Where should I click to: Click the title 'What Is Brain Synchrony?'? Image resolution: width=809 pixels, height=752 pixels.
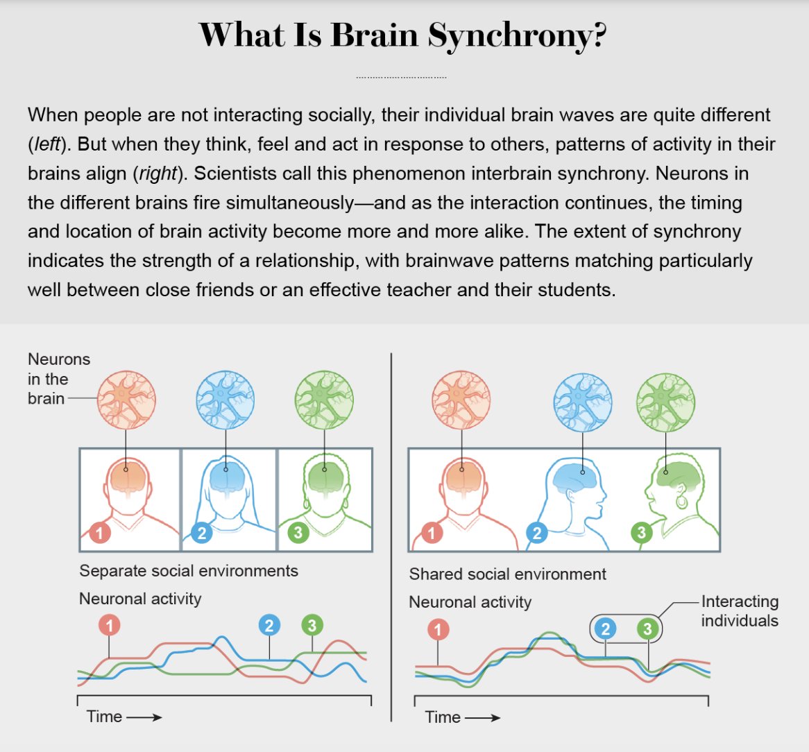[403, 35]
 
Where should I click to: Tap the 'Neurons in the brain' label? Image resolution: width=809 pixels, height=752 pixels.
[59, 379]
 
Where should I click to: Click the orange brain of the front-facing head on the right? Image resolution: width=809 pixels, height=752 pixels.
[461, 479]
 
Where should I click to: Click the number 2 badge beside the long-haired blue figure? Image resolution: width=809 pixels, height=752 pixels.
[201, 533]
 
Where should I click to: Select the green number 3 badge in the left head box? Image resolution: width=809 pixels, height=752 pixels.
[298, 533]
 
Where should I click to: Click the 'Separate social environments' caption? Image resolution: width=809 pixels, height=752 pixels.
[189, 571]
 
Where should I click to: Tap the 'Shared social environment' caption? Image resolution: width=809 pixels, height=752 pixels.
[507, 574]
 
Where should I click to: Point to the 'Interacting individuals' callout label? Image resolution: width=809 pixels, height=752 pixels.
[740, 611]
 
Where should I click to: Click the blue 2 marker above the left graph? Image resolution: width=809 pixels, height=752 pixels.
[269, 626]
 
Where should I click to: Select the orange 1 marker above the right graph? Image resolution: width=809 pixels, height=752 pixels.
[438, 630]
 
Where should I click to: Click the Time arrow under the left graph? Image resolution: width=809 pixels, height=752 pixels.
[144, 717]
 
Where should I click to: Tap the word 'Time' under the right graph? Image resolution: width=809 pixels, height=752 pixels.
[443, 717]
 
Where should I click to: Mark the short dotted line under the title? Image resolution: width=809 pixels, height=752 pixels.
[401, 77]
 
